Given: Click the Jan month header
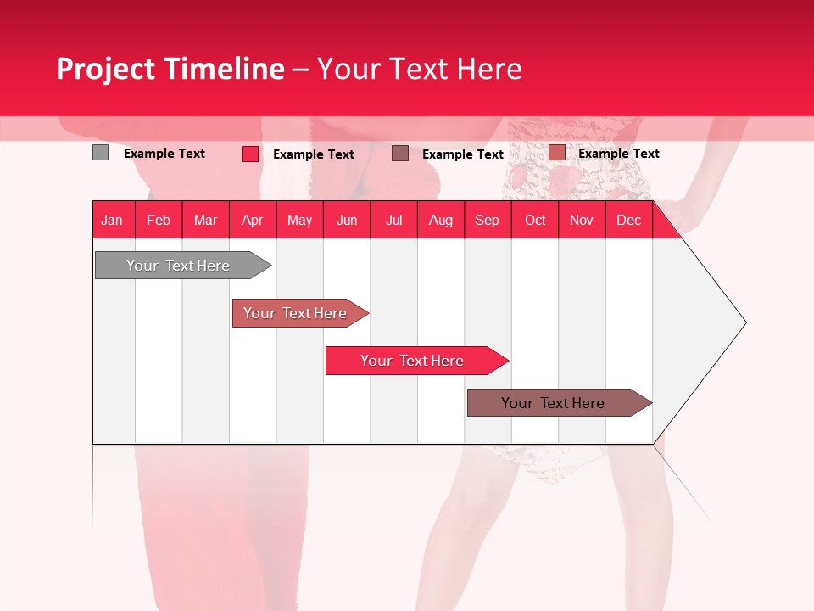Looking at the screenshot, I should (113, 220).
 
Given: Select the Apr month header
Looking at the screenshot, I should (253, 220).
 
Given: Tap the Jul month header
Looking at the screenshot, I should (393, 220).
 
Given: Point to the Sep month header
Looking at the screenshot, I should (488, 220).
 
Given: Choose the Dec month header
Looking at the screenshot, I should (628, 220).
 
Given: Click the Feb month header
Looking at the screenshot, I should (159, 220).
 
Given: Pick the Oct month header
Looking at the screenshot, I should (535, 220).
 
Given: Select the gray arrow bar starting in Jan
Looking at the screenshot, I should (179, 266).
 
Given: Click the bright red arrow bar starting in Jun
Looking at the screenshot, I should (413, 361).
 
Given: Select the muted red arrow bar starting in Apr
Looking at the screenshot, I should (296, 313).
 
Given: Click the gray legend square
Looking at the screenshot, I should (100, 153).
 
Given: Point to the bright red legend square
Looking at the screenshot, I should (250, 154).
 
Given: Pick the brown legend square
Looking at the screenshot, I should (400, 154).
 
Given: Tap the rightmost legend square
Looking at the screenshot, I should (556, 153).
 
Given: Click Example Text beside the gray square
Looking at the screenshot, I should (164, 154).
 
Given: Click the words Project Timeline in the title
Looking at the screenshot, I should (170, 69).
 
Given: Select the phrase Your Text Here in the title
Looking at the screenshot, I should (419, 69).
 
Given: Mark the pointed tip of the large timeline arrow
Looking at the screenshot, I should (744, 322).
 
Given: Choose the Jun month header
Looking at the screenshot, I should (347, 220).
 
